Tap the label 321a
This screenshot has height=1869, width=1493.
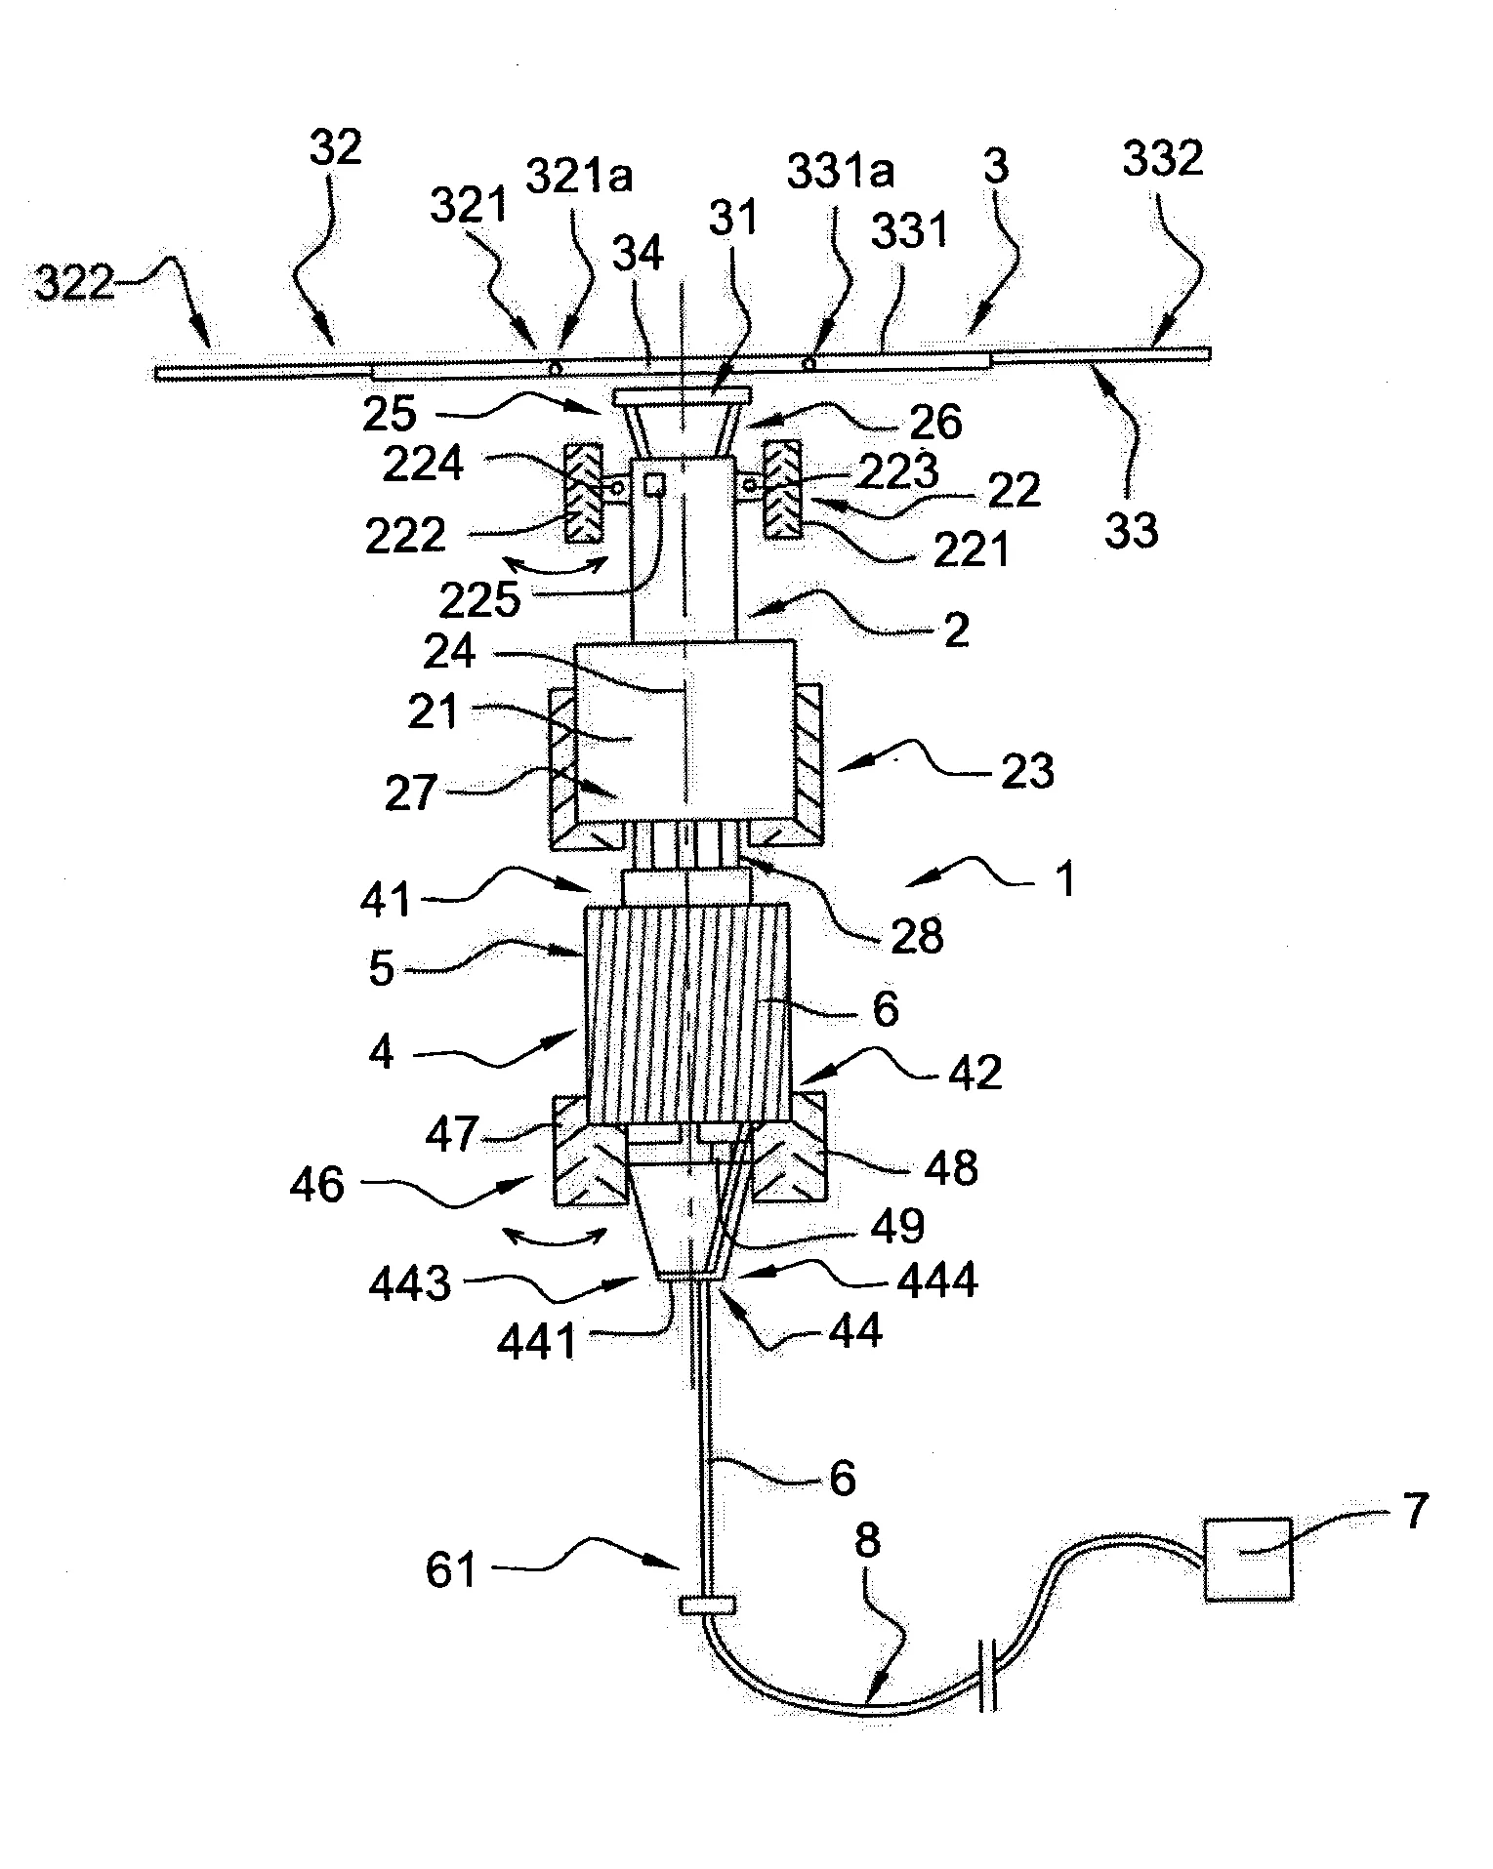(580, 177)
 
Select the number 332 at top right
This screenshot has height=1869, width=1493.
(1162, 160)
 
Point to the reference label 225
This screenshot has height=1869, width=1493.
(479, 601)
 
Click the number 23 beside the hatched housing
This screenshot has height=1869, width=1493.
(1027, 771)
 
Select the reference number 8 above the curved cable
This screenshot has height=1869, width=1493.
(867, 1541)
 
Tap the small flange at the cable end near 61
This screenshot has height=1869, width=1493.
(706, 1605)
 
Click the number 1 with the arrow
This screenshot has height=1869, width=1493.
(1066, 878)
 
